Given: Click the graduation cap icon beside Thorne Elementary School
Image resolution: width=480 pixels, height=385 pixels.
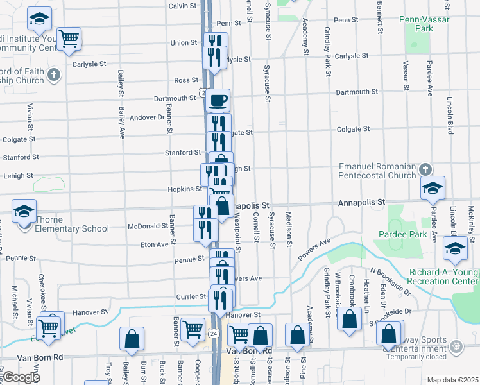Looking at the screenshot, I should coord(23,210).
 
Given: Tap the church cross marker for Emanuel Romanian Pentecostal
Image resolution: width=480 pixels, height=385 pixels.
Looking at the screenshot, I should coord(424,170).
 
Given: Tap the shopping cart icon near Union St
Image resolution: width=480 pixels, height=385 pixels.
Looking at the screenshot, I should coord(69,38).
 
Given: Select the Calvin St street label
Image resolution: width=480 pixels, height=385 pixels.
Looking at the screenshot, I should coord(182,6).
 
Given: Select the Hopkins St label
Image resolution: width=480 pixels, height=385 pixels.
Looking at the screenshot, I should coord(185,189).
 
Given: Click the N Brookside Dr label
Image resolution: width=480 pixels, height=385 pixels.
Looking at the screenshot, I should coord(390,281).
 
